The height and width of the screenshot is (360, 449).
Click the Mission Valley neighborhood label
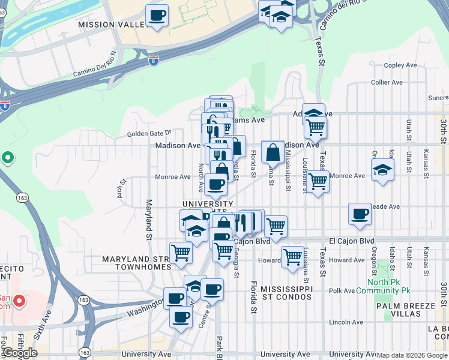point(113,25)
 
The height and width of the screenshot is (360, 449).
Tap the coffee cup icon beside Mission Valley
point(157,16)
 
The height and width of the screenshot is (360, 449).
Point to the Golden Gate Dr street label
point(148,133)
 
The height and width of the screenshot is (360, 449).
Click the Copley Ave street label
point(396,65)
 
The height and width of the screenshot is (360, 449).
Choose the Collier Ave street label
point(387,82)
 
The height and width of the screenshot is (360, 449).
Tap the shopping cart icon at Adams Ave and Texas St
point(315,127)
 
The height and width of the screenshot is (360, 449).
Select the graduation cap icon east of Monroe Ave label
point(382,169)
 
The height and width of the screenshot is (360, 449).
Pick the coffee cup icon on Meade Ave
point(360,214)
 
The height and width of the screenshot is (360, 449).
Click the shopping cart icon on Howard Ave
point(292,257)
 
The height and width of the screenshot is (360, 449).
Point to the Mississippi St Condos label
point(286,293)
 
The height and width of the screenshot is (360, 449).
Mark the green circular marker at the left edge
point(7,158)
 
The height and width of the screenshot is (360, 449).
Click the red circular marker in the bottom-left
point(19,300)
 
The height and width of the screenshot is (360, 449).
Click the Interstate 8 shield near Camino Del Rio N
point(154,60)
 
